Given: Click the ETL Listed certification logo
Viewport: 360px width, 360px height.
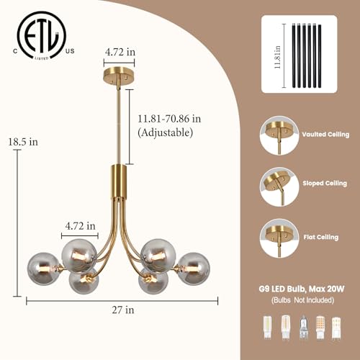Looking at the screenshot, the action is point(42,35).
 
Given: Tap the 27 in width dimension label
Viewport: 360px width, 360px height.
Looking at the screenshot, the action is point(123,310).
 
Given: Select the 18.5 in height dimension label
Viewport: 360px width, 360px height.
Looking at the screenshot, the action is point(23,142).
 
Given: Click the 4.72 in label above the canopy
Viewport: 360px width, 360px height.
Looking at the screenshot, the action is point(120,52).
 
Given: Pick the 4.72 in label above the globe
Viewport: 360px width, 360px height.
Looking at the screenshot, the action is point(81,226).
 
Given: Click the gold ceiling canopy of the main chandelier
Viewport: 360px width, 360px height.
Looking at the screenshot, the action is point(119,75).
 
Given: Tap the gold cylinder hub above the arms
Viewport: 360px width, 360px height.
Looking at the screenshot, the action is point(119,181).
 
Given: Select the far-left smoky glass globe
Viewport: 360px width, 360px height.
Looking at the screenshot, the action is point(43,269).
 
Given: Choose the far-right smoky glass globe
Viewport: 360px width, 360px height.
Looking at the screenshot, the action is point(194,269).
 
